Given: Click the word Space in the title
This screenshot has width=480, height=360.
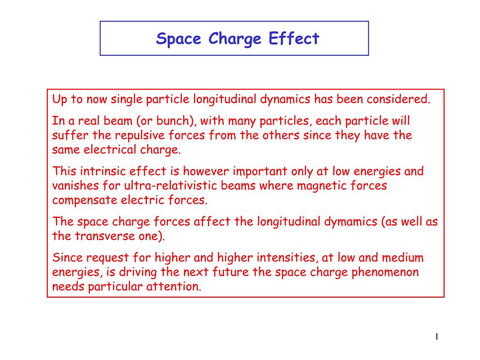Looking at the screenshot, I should coord(179,38).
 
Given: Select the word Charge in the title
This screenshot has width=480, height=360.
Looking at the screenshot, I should coord(234,38).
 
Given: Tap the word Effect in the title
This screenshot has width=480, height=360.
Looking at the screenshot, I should coord(294,38).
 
